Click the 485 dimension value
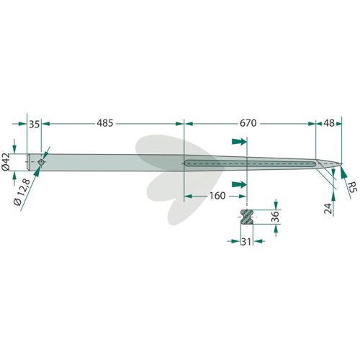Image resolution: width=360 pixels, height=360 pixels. click(105, 123)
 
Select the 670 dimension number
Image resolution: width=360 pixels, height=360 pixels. click(248, 123)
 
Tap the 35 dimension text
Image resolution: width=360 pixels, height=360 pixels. click(34, 125)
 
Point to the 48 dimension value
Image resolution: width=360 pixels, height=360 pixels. click(329, 123)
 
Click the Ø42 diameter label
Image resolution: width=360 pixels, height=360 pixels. click(6, 162)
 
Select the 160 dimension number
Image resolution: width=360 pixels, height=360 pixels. click(217, 196)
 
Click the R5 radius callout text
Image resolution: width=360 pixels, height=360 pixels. click(353, 186)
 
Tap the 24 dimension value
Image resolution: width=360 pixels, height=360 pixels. click(328, 208)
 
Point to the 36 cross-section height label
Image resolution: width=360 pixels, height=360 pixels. click(276, 217)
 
